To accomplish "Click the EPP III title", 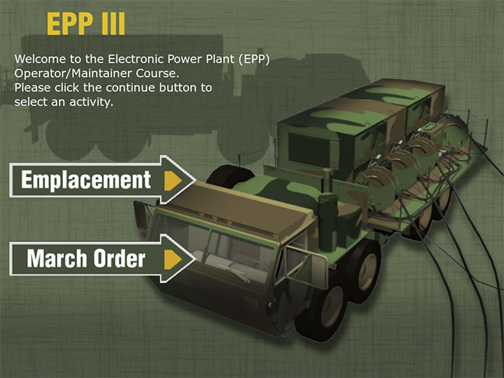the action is point(86,24).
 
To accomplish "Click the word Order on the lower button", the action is point(118,258).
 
